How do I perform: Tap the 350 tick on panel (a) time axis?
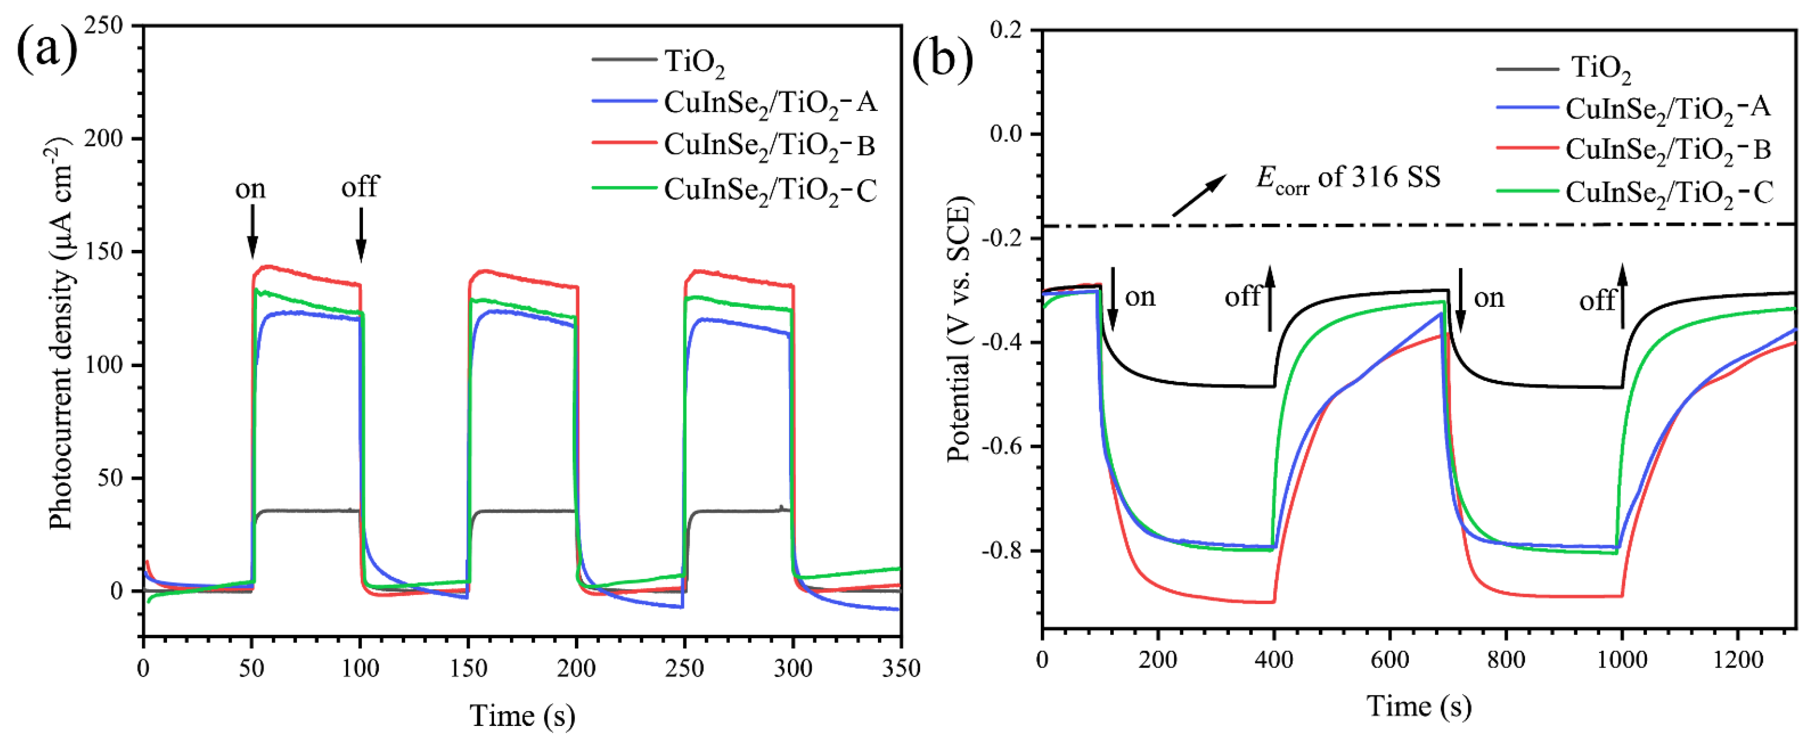[x=901, y=668]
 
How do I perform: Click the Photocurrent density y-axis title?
[x=62, y=331]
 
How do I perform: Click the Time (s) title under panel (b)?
[x=1418, y=706]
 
